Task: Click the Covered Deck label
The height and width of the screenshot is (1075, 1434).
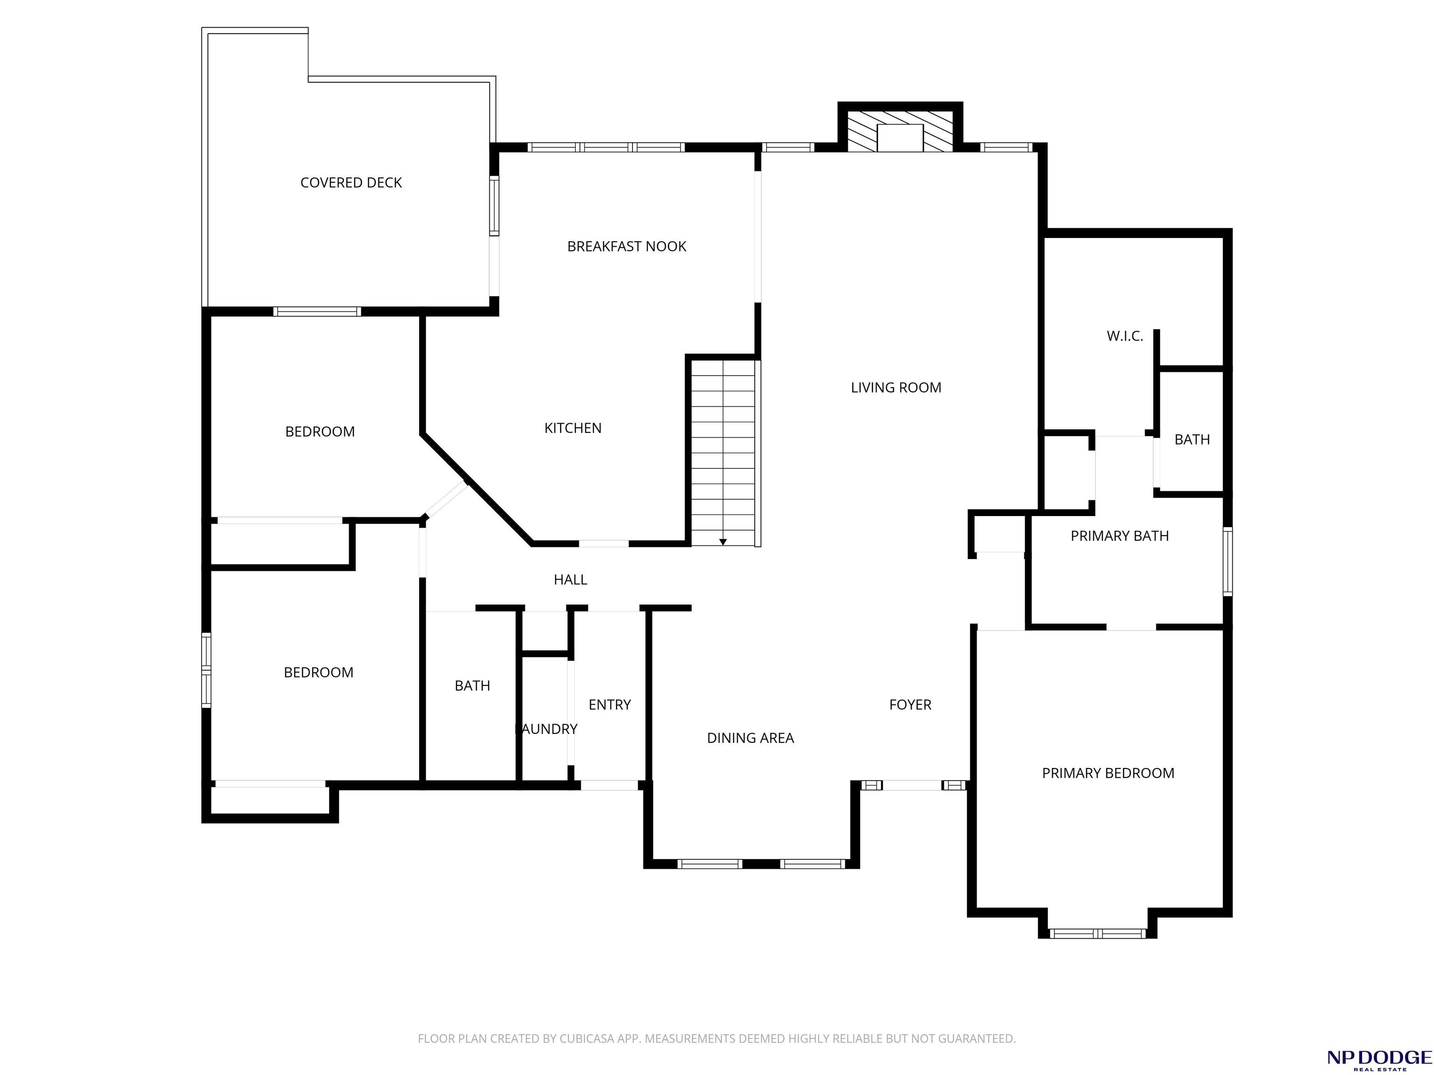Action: pyautogui.click(x=351, y=183)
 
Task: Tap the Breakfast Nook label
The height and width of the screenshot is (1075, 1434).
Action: pyautogui.click(x=626, y=246)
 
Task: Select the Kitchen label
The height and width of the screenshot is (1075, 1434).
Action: pyautogui.click(x=572, y=428)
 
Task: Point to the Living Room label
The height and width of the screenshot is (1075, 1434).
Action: pyautogui.click(x=896, y=387)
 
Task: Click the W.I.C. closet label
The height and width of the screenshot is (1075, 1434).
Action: pyautogui.click(x=1125, y=335)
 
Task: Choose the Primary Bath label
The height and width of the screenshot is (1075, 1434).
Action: pyautogui.click(x=1119, y=536)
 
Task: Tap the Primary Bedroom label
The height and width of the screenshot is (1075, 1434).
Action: pyautogui.click(x=1108, y=773)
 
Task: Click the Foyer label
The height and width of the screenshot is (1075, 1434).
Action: pyautogui.click(x=910, y=705)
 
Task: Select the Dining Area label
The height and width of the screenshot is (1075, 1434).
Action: pyautogui.click(x=750, y=737)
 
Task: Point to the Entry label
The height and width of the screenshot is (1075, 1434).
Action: pyautogui.click(x=609, y=705)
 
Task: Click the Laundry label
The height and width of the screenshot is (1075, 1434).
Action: pyautogui.click(x=546, y=729)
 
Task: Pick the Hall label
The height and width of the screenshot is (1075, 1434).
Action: pyautogui.click(x=570, y=579)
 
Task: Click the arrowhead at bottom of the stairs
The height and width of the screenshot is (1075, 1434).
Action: pyautogui.click(x=723, y=542)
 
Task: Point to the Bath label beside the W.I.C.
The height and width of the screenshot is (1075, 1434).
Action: pyautogui.click(x=1192, y=440)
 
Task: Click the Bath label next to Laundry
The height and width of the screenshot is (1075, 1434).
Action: pyautogui.click(x=472, y=685)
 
